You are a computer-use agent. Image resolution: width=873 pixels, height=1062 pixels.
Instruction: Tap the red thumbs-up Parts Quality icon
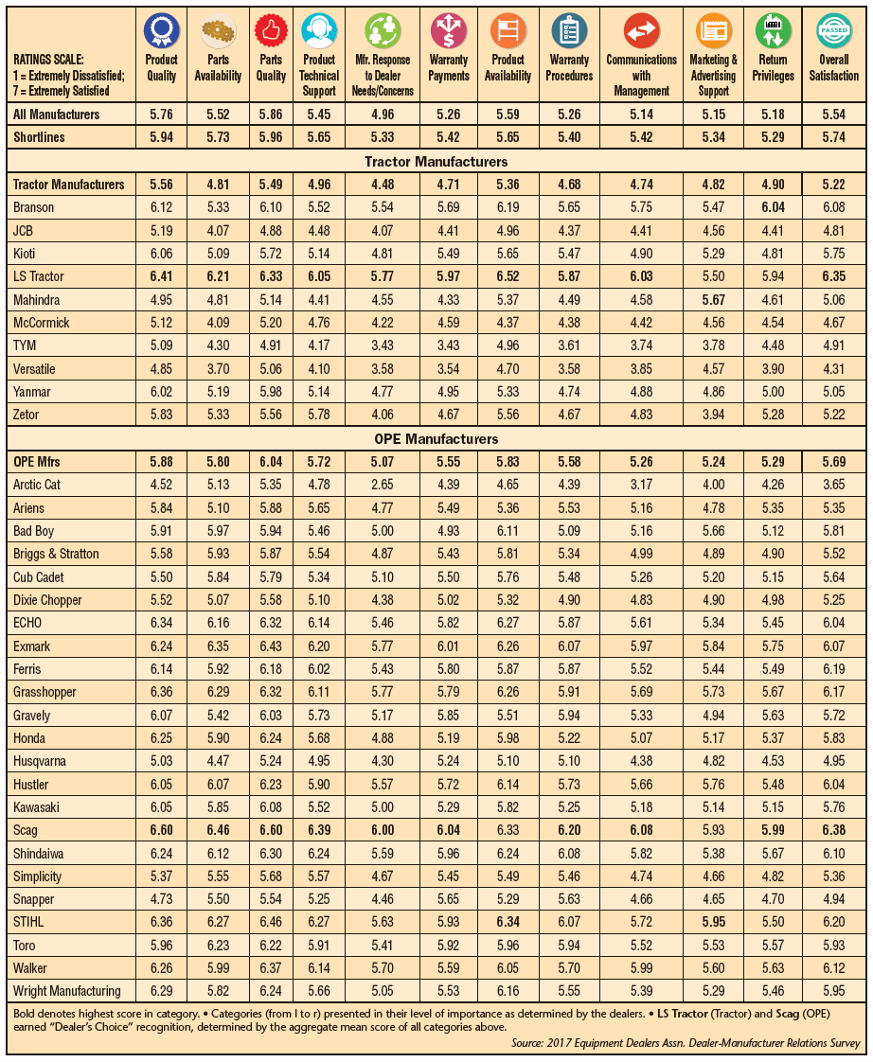(x=271, y=31)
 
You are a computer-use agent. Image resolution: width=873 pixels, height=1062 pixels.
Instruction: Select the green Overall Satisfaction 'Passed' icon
(x=833, y=31)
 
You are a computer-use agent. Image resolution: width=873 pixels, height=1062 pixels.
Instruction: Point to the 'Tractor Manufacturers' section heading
(x=435, y=162)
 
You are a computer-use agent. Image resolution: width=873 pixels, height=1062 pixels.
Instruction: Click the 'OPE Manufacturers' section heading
(x=435, y=439)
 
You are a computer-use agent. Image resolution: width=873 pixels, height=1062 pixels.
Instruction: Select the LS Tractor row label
(x=41, y=276)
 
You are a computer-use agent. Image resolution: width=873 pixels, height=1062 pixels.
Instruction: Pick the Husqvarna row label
(x=41, y=761)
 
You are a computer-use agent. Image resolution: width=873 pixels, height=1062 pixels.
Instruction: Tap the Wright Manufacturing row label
(x=67, y=991)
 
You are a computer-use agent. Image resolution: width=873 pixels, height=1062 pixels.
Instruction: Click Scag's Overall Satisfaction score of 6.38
(x=833, y=830)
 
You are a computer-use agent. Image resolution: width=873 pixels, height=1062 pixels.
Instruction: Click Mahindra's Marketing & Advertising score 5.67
(x=713, y=299)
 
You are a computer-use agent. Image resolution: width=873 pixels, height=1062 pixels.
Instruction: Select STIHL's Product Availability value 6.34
(x=508, y=922)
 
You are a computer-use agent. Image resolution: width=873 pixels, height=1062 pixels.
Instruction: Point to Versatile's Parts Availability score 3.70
(x=218, y=368)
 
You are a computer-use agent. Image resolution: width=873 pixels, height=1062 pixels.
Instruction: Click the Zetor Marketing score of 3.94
(x=713, y=415)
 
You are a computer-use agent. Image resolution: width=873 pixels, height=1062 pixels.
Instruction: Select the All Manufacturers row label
(x=56, y=115)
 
